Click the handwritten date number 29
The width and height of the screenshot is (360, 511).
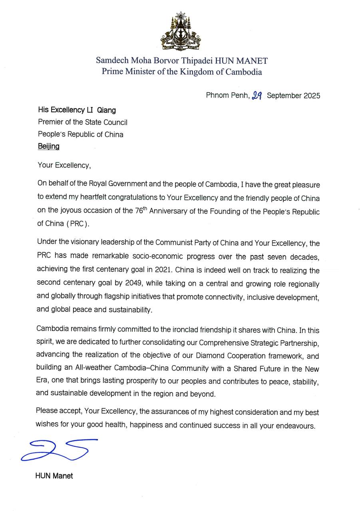(x=257, y=95)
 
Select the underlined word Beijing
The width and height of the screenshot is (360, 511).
(x=48, y=146)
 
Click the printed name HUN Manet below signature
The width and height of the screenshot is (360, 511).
(x=54, y=476)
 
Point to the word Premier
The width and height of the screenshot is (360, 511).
(x=50, y=122)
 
